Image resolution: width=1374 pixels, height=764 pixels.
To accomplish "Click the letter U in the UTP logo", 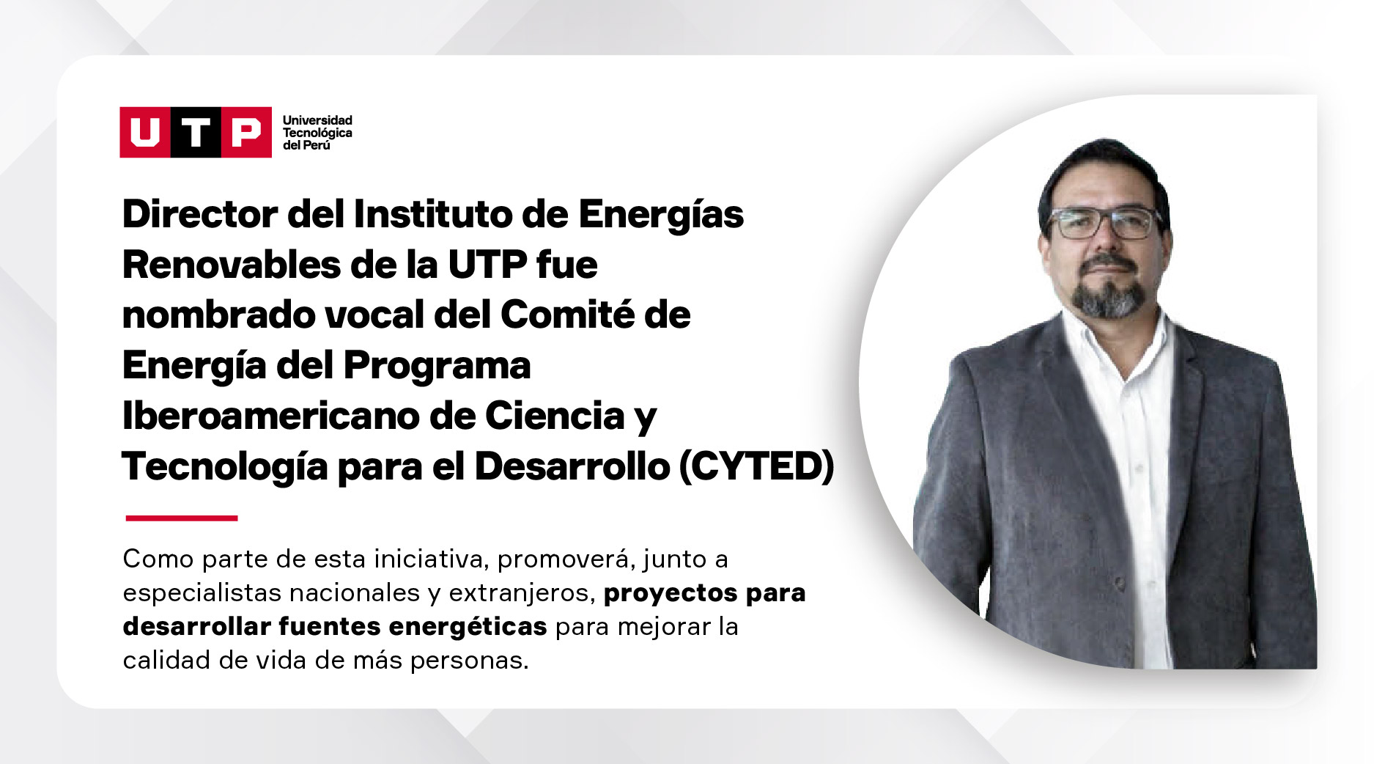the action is point(145,133).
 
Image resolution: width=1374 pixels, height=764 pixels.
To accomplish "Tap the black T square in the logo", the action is point(196,132).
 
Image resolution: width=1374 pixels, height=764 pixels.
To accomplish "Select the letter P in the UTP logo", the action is point(245,133).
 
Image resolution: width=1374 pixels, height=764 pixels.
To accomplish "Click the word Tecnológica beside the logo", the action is point(317,133).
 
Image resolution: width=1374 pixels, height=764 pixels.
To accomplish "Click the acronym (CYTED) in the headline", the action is point(757,466).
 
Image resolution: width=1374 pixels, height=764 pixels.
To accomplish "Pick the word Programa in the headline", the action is point(437,366).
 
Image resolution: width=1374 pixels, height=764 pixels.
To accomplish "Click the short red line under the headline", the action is point(182,518).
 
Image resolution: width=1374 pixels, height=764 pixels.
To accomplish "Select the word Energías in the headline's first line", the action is point(661,214).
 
